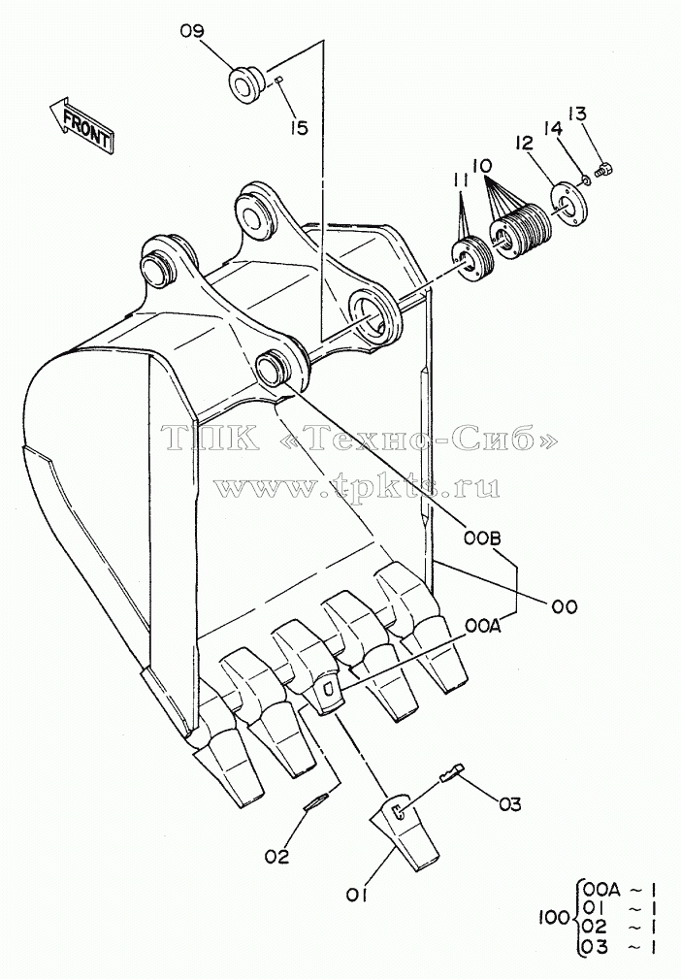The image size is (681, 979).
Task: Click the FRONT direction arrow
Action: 81,125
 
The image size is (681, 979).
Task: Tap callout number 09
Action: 192,31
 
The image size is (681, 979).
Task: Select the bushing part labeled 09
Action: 245,84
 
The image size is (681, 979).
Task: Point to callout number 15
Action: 299,128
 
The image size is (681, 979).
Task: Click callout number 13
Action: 578,114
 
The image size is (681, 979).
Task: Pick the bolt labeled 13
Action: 603,168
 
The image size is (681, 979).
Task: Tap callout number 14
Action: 553,129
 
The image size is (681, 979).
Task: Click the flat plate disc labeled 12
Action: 568,201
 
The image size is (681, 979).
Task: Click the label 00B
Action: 482,538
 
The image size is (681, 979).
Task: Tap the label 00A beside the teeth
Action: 482,626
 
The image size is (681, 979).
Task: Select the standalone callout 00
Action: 564,605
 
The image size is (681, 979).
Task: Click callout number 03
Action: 509,804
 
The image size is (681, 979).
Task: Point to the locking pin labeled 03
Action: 452,773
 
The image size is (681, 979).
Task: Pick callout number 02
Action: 277,857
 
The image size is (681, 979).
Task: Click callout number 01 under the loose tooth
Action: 356,896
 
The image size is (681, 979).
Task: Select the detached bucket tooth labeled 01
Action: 404,832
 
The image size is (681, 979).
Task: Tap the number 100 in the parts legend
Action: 554,917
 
